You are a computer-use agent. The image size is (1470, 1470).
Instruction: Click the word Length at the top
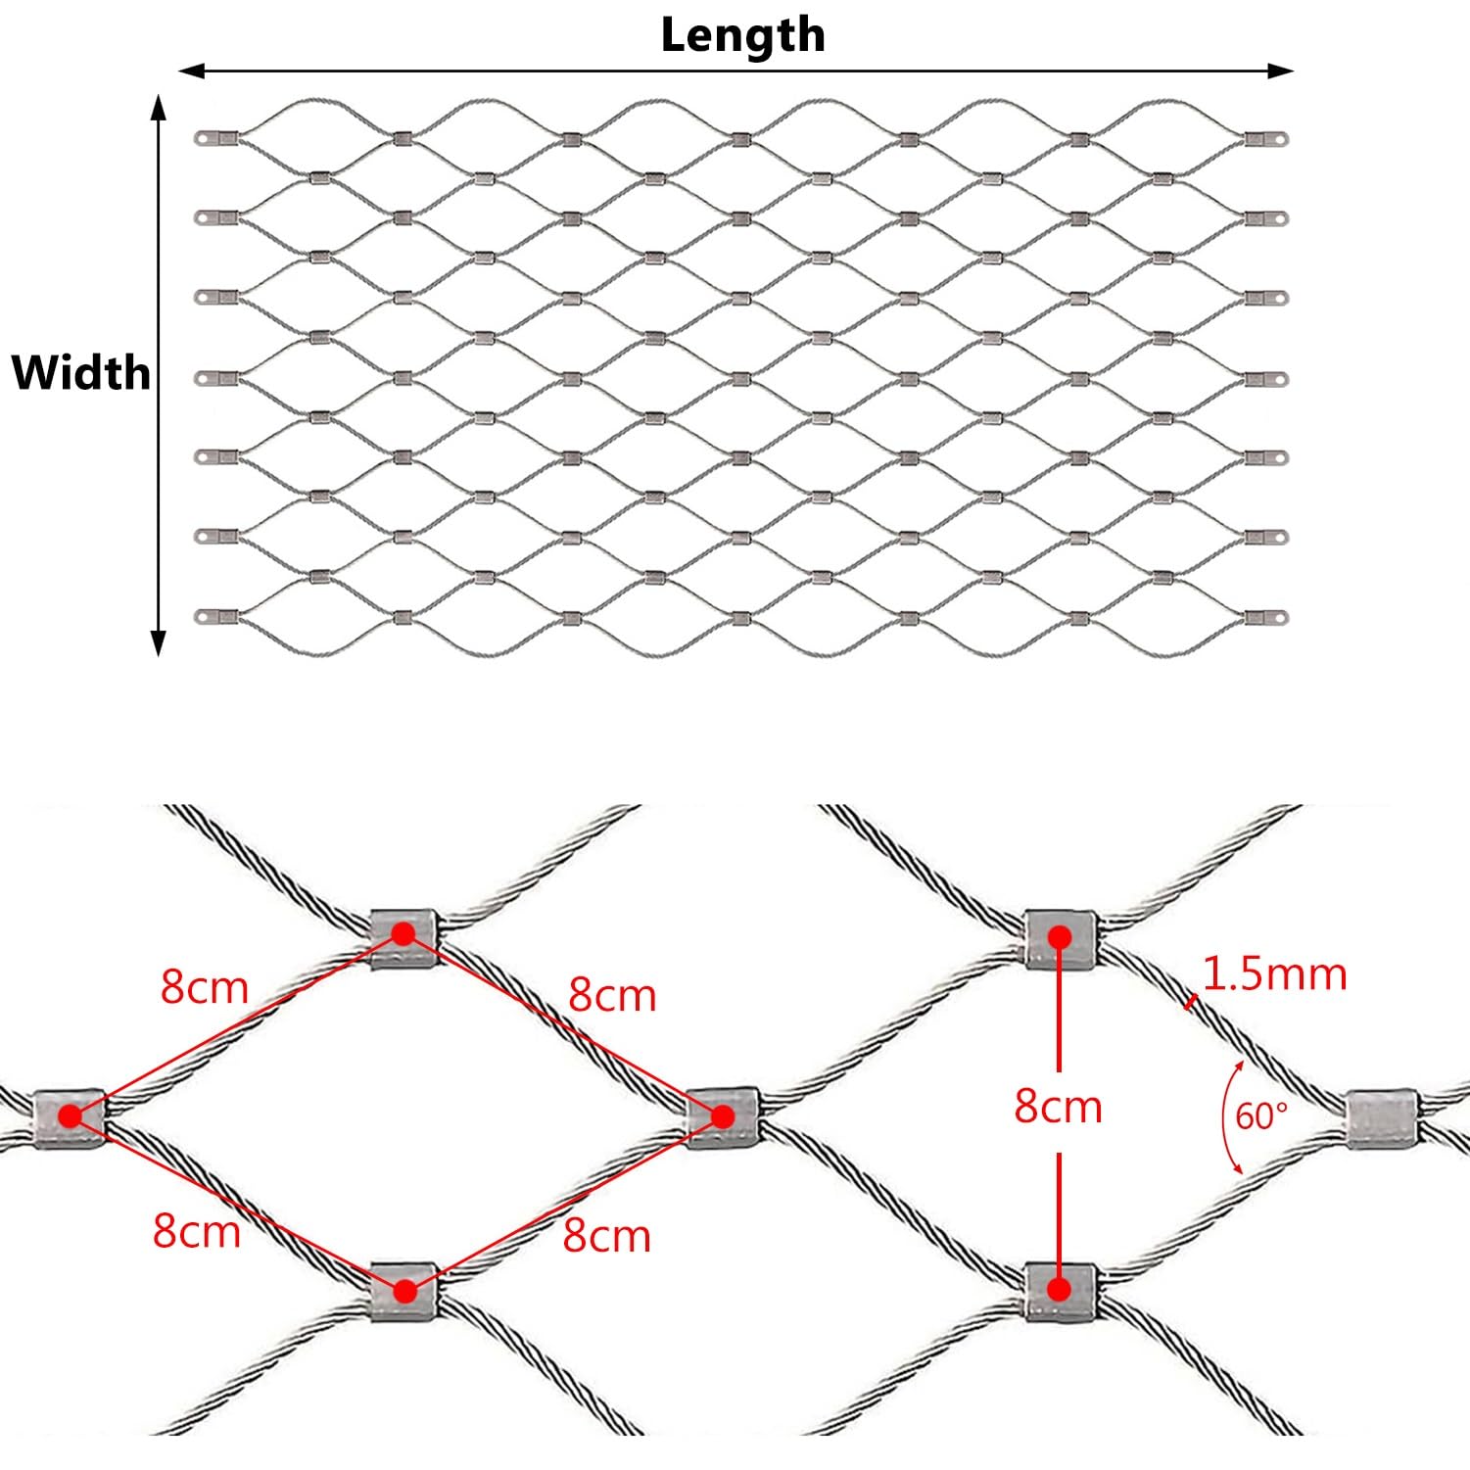point(742,35)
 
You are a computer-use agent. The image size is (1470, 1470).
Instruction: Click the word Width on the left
point(80,373)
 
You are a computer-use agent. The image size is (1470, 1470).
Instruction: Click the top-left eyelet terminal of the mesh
point(204,138)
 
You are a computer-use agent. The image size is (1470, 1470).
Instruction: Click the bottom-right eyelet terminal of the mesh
point(1277,618)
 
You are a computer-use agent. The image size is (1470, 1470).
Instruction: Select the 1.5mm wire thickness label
point(1274,974)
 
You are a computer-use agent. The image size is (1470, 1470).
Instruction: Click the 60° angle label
point(1260,1115)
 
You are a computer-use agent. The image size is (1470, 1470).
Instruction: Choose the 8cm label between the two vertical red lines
point(1058,1107)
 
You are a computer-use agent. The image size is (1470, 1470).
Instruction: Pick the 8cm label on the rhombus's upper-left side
point(205,987)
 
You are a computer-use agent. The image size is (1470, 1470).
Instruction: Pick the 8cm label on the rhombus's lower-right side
point(606,1236)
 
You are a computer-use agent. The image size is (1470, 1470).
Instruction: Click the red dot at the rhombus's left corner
point(70,1115)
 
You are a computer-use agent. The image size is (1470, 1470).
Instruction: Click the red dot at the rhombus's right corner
point(723,1116)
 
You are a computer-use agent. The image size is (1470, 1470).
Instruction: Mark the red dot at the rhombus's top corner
point(403,934)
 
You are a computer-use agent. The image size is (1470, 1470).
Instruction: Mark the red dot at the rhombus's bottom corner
point(404,1292)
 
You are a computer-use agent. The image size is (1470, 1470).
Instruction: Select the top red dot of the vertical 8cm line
point(1059,937)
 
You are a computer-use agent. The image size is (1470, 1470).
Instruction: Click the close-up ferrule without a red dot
point(1382,1117)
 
